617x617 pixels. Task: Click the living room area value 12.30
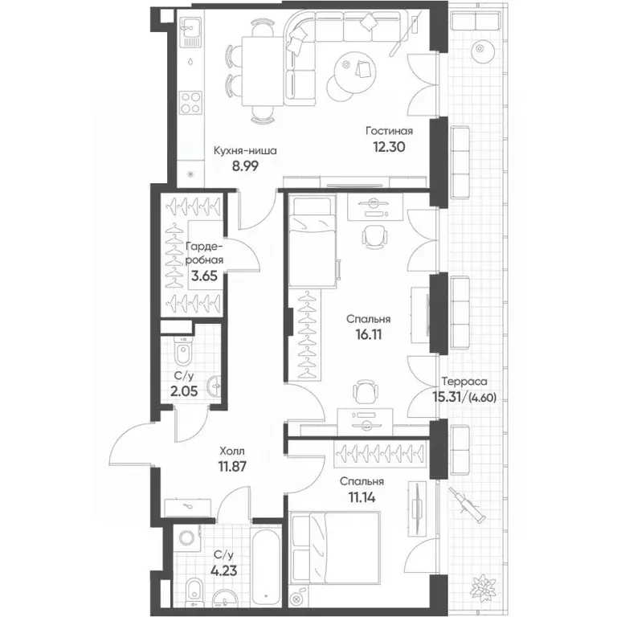tap(389, 147)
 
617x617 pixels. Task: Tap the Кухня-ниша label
tap(245, 151)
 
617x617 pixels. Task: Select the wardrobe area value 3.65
tap(204, 276)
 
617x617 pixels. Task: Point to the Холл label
tap(231, 450)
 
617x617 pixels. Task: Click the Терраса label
tap(464, 382)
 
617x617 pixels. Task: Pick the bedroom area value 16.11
tap(368, 334)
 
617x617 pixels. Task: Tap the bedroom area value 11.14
tap(362, 497)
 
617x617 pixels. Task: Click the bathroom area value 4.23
tap(225, 570)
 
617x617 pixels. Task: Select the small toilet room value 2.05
tap(184, 391)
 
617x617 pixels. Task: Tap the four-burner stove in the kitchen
tap(191, 103)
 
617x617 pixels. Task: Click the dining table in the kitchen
tap(263, 72)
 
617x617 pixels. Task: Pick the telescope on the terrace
tap(465, 505)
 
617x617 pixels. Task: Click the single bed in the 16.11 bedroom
tap(312, 242)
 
